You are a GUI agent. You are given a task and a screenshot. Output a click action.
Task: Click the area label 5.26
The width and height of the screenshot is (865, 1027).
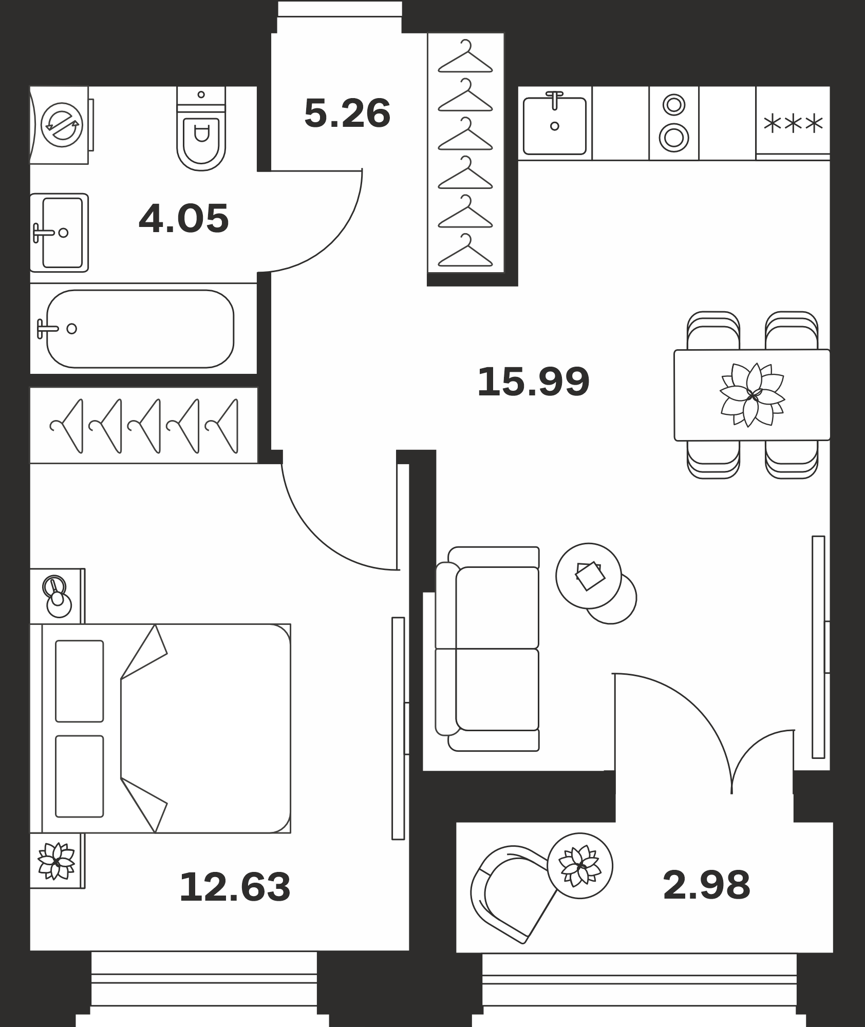click(347, 113)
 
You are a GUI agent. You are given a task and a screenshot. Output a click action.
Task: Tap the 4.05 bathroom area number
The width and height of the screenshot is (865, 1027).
click(183, 219)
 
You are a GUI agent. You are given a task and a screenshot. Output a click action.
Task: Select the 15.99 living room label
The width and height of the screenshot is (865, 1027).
click(533, 382)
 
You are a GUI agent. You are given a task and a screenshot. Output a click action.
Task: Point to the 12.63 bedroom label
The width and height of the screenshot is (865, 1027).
click(235, 887)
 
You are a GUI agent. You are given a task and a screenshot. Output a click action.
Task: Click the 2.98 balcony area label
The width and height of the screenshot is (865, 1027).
click(706, 885)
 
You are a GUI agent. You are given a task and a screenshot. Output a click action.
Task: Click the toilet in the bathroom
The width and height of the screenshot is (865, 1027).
click(201, 128)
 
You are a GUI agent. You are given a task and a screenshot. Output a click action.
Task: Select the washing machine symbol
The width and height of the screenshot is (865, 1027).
click(61, 125)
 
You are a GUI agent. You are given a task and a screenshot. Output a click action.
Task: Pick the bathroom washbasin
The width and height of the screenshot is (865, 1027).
click(59, 233)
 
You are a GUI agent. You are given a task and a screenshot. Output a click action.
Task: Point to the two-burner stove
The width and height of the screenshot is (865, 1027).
click(674, 123)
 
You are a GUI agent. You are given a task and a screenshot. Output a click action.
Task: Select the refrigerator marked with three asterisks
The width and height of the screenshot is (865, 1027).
click(793, 123)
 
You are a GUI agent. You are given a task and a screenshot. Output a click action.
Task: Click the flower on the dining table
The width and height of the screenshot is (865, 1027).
click(753, 395)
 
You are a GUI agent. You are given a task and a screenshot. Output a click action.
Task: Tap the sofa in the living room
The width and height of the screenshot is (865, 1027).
click(487, 649)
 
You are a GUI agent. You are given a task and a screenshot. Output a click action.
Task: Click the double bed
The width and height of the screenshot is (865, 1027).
click(160, 728)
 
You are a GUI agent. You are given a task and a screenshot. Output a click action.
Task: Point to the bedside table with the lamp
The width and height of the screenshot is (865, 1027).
click(57, 596)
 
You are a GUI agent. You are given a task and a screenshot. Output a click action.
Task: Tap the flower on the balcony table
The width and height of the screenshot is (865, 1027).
click(580, 866)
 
